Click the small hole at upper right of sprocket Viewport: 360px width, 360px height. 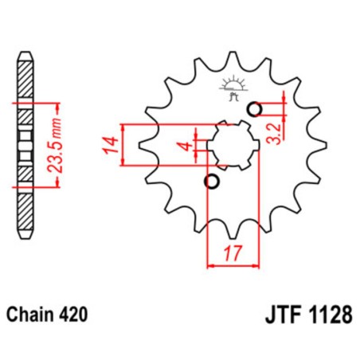[x=256, y=109]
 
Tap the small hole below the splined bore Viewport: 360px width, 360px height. [x=211, y=182]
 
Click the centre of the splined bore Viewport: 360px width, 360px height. [x=233, y=145]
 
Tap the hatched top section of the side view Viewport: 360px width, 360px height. [x=27, y=84]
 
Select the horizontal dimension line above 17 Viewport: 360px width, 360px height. [x=233, y=265]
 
